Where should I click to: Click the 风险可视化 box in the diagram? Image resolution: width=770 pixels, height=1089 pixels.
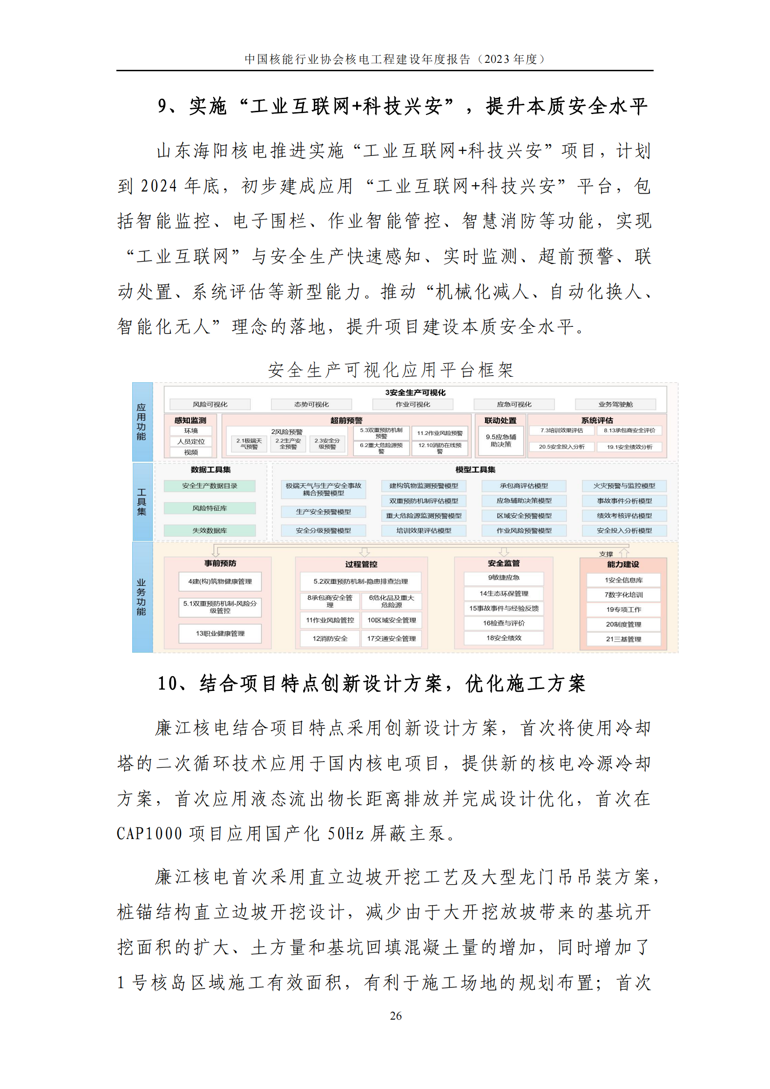(210, 404)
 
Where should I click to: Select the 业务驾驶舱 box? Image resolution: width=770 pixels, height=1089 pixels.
(615, 404)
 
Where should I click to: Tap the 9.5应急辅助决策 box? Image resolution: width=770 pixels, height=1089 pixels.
(501, 440)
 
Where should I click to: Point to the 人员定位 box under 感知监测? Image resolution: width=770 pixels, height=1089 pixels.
(191, 441)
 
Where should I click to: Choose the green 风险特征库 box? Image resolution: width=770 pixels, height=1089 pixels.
(209, 508)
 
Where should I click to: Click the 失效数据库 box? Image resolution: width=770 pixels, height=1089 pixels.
(209, 530)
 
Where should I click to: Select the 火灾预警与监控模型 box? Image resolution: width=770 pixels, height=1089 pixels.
(624, 486)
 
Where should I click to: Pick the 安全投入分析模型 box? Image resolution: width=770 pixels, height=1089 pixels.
(624, 530)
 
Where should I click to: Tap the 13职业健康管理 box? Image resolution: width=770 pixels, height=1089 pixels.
(220, 633)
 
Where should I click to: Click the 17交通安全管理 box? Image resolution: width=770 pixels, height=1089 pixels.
(391, 638)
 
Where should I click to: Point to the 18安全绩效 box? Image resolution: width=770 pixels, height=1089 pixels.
(504, 638)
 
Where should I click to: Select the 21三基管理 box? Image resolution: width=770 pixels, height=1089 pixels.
(623, 639)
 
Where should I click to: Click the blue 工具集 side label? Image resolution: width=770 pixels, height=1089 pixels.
(142, 502)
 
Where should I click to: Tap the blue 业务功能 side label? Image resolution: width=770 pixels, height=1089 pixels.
(142, 597)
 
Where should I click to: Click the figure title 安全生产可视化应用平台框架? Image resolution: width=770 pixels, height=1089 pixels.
(391, 370)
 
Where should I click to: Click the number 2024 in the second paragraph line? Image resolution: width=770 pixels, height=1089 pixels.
(159, 186)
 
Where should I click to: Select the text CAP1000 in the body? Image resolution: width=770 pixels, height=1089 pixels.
(149, 833)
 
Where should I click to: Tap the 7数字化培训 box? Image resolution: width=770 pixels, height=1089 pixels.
(623, 595)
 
